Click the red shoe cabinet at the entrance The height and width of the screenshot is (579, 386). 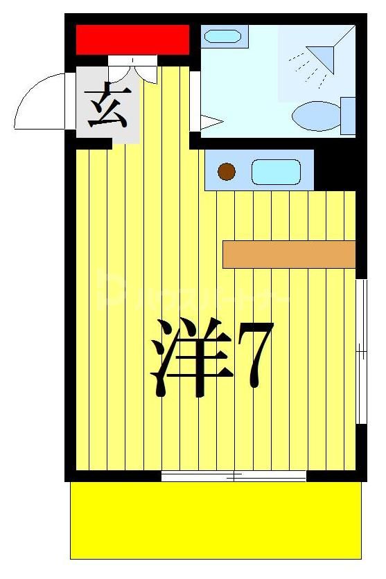tap(132, 39)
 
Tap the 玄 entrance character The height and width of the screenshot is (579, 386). tap(107, 106)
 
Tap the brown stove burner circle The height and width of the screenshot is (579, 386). tap(227, 171)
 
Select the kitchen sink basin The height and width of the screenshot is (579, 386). tap(275, 172)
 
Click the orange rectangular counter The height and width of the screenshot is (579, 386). tap(288, 254)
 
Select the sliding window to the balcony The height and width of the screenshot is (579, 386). tap(234, 476)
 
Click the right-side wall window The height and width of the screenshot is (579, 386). tap(360, 351)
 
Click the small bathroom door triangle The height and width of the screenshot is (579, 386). tap(209, 122)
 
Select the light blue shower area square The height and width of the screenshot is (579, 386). tap(316, 63)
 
